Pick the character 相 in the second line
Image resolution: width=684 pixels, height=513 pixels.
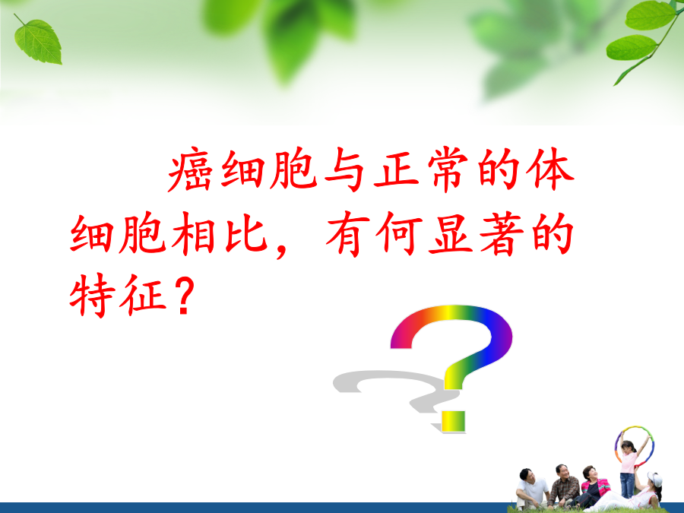[x=193, y=234]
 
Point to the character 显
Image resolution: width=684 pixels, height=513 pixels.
[x=451, y=234]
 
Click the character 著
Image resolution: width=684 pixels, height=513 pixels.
[x=502, y=234]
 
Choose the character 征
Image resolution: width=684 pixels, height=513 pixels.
[x=144, y=295]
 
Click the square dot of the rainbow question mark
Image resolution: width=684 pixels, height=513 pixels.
[x=453, y=421]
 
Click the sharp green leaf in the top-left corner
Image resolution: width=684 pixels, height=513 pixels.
[x=39, y=41]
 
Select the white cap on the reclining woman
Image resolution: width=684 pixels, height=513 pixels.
[x=655, y=478]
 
